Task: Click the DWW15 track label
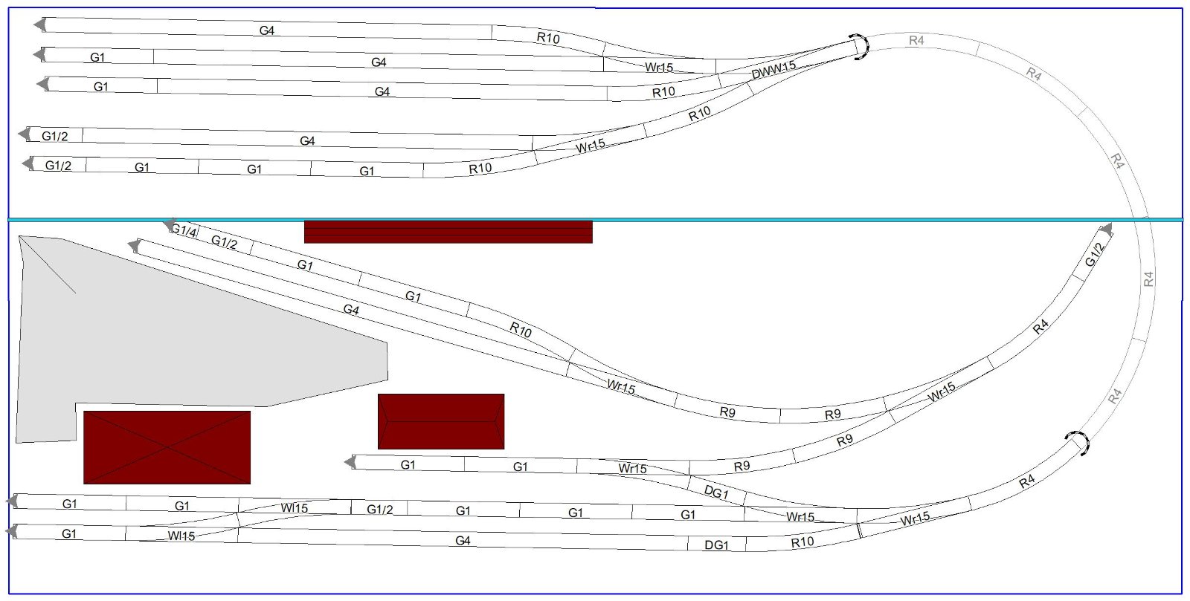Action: [x=773, y=70]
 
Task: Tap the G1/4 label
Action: [x=184, y=231]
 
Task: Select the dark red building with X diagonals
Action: [x=167, y=447]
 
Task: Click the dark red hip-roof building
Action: [x=441, y=421]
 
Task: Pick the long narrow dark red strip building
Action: [x=448, y=233]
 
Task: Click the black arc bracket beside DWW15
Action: [x=861, y=47]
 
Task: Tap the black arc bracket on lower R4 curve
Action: [x=1079, y=443]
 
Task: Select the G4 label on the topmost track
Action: [x=267, y=30]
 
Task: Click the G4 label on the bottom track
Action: [x=463, y=541]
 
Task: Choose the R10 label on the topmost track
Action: [x=548, y=38]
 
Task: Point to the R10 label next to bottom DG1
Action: [x=803, y=542]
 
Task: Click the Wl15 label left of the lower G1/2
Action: [x=295, y=508]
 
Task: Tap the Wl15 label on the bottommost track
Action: [x=181, y=536]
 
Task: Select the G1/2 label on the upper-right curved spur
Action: [x=1095, y=255]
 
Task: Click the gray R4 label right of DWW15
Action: [x=916, y=40]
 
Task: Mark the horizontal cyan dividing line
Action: [x=596, y=220]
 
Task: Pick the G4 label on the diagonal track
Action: [x=351, y=309]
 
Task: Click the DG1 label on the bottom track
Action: [x=717, y=545]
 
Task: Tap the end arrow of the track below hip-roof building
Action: [x=350, y=462]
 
